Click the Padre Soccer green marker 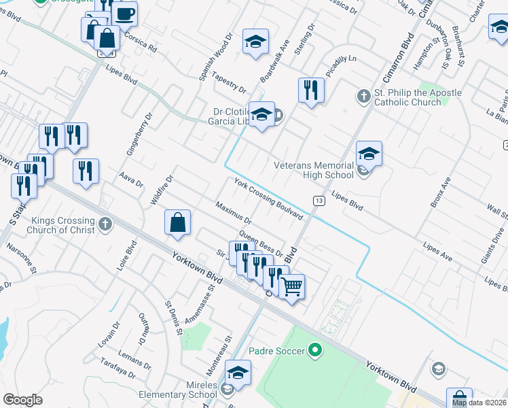click(314, 351)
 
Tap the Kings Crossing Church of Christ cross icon click(105, 224)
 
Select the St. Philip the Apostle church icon click(364, 97)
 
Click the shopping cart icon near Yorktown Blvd click(292, 286)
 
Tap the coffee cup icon click(124, 13)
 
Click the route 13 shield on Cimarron click(319, 200)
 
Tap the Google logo click(22, 400)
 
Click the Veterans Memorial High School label click(314, 170)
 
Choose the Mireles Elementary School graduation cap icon click(238, 373)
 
